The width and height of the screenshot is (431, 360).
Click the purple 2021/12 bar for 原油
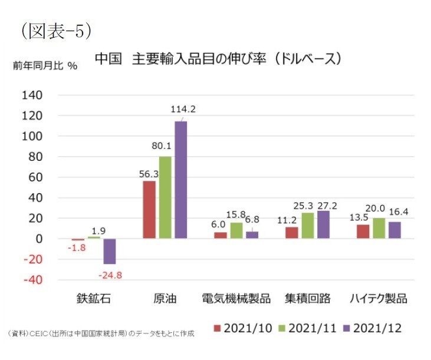click(180, 180)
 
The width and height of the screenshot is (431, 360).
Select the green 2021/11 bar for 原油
click(165, 197)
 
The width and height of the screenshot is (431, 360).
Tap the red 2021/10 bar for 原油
click(150, 210)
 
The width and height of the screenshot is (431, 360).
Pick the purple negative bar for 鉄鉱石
click(110, 251)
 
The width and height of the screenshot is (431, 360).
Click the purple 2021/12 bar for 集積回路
click(323, 224)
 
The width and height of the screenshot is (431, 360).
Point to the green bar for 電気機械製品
click(236, 230)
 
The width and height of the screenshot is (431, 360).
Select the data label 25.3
click(307, 206)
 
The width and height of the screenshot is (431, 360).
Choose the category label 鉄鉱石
click(94, 298)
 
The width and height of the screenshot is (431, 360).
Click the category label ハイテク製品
click(377, 298)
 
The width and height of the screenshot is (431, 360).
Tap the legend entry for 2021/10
click(242, 328)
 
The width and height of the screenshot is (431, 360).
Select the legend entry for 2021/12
click(371, 328)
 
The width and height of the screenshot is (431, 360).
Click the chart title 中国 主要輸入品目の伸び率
click(218, 59)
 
